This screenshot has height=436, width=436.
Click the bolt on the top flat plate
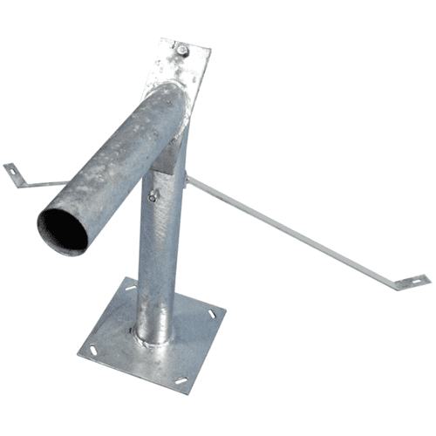[x=183, y=51]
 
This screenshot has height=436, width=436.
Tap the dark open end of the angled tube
[x=62, y=229]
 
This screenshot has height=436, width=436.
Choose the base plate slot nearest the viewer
[x=181, y=380]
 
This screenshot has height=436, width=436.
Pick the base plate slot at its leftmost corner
[x=93, y=351]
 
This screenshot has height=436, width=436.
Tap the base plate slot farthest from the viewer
[x=130, y=289]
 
